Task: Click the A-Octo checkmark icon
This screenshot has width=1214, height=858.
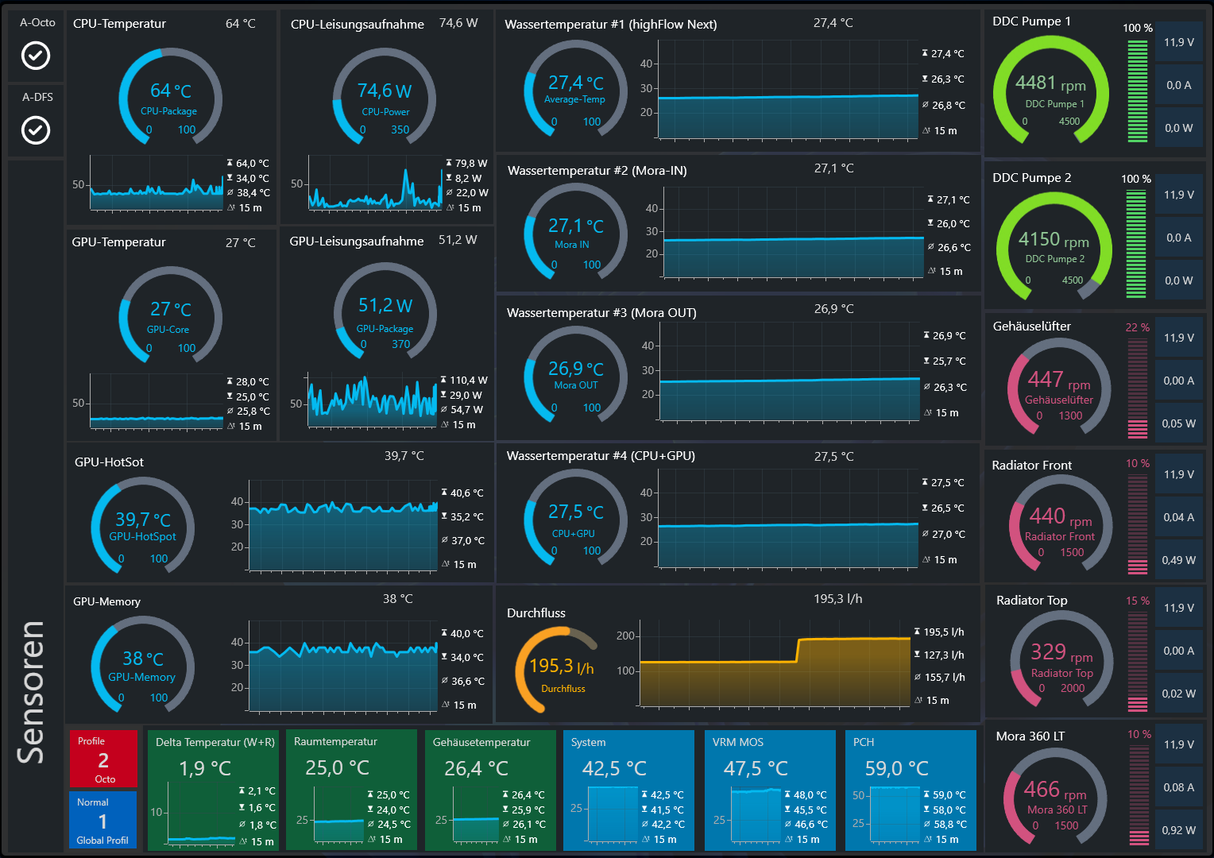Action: (35, 56)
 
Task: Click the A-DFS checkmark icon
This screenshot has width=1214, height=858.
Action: (36, 130)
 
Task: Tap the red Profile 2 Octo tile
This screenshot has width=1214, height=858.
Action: (103, 759)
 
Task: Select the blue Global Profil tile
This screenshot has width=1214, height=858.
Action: (102, 821)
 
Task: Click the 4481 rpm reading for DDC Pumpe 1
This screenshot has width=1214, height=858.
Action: (1050, 83)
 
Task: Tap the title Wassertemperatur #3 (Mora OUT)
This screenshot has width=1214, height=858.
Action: (601, 313)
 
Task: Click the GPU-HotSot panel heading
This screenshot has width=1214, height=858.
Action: (109, 462)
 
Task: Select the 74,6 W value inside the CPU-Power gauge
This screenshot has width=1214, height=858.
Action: (385, 91)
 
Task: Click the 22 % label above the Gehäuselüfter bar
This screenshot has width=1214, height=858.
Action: (1137, 327)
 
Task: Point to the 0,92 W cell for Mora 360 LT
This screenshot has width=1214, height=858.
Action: (1178, 830)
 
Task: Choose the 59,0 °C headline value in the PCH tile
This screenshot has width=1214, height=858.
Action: (896, 769)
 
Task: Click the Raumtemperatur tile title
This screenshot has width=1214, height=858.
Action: (335, 742)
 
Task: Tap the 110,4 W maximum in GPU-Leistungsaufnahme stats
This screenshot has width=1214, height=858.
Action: (469, 381)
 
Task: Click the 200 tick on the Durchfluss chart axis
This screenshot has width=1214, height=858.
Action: (625, 636)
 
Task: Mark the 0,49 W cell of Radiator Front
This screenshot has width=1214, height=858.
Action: (1178, 560)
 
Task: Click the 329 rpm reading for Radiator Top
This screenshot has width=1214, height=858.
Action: (1061, 653)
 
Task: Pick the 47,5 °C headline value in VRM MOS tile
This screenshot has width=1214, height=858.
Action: (756, 769)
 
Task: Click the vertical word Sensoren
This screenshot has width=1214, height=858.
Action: (32, 691)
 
